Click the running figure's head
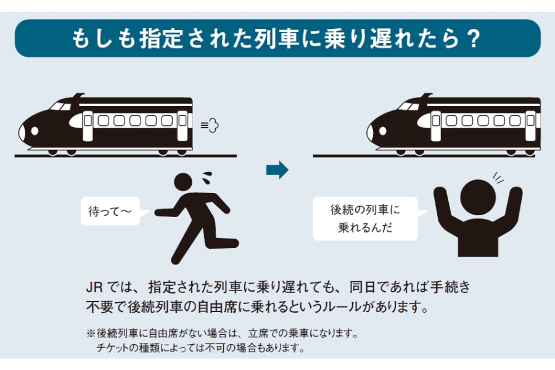point(185,183)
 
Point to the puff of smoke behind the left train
point(211,125)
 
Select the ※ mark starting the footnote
point(91,334)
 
